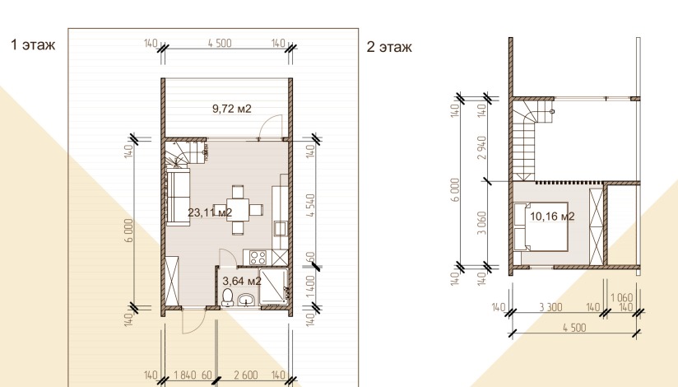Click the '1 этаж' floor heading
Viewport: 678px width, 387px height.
33,44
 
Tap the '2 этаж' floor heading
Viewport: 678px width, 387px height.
389,46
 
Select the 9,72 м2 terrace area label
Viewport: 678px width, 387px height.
232,109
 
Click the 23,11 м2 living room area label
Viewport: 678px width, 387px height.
210,212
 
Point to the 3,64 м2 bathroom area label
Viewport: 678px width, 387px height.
242,281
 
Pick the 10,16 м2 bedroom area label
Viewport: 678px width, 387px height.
552,216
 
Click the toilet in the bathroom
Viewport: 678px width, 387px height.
227,297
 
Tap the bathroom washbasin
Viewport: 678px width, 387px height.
247,300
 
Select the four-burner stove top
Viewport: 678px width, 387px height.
258,258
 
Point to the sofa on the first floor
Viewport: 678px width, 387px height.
179,197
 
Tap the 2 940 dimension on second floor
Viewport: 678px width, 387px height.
481,147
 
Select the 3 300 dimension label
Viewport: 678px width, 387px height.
551,307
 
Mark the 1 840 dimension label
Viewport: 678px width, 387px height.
185,375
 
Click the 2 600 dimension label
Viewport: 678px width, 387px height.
245,375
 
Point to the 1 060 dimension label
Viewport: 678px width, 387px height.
621,298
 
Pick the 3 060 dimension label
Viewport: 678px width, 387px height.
481,223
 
